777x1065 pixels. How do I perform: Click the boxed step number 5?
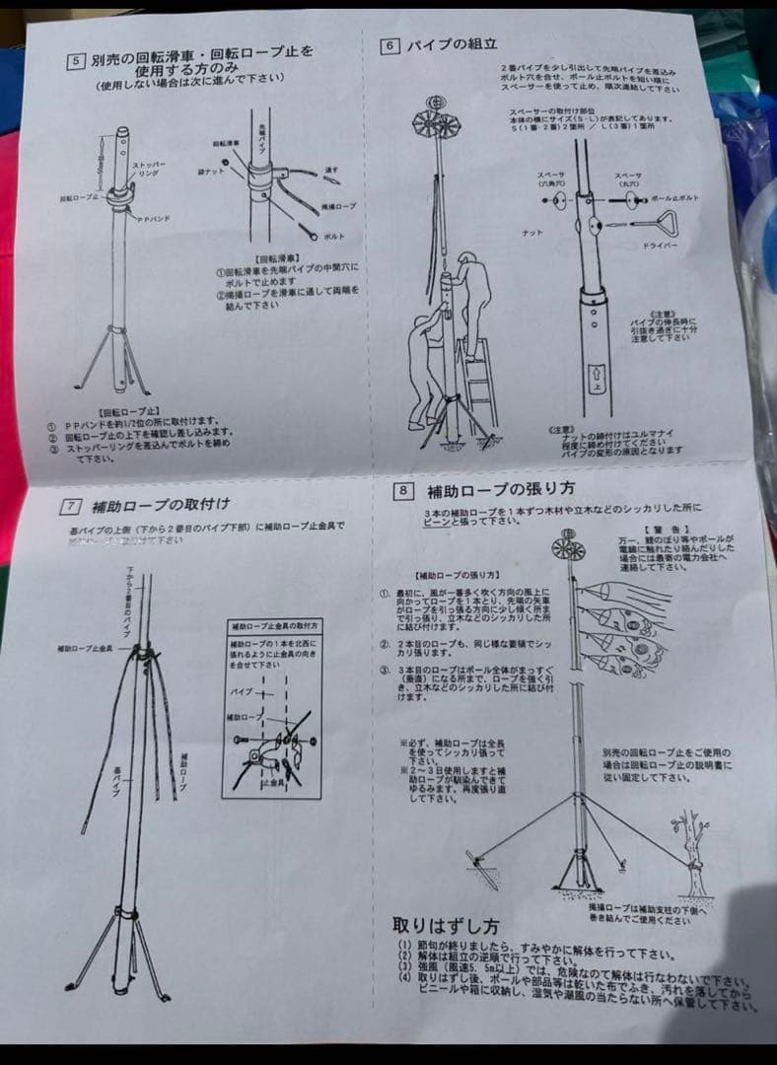(x=75, y=59)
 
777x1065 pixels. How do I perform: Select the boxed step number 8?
(x=402, y=489)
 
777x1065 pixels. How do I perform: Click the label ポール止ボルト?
(x=675, y=198)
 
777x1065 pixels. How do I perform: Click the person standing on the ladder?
(x=466, y=296)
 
